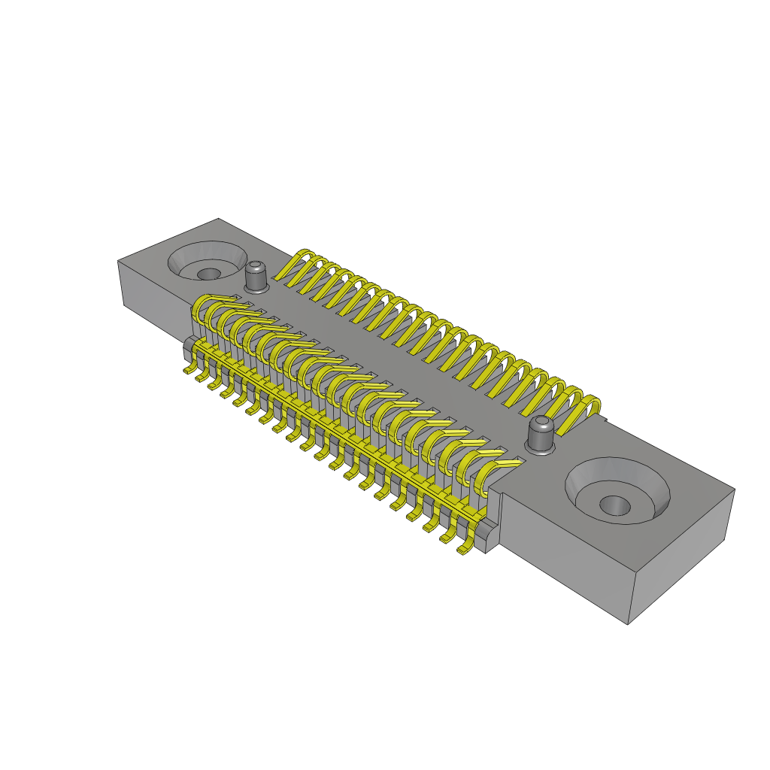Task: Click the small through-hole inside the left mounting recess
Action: [209, 274]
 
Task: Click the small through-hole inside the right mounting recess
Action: [615, 505]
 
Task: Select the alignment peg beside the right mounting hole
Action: [541, 435]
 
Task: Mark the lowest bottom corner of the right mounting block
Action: [628, 623]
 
